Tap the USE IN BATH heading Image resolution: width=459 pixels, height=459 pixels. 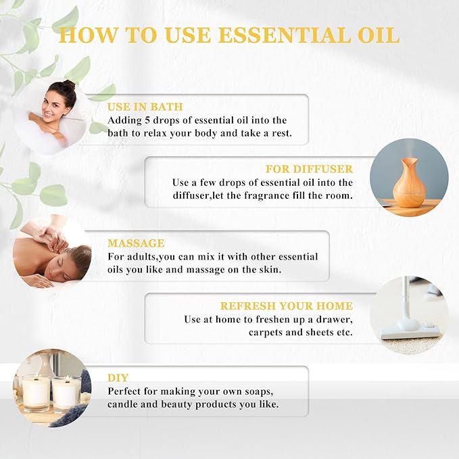(145, 107)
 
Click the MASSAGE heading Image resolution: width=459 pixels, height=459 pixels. (136, 243)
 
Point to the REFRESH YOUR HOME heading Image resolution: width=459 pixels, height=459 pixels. (287, 306)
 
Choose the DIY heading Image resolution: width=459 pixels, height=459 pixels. (118, 377)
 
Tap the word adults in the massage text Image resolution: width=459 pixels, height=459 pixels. (141, 257)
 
